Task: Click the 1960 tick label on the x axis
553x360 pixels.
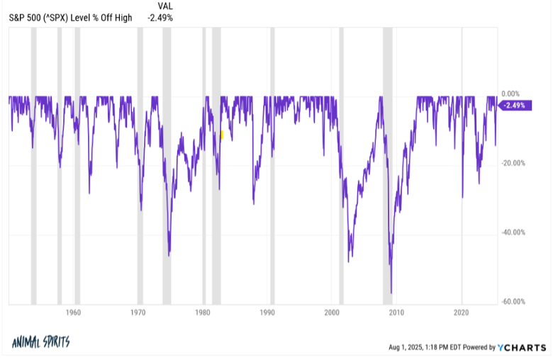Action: [74, 312]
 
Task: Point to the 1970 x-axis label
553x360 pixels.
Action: [138, 312]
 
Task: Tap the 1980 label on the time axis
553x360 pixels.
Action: [203, 312]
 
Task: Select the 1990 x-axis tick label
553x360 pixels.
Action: [267, 312]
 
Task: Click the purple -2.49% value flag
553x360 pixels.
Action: [514, 106]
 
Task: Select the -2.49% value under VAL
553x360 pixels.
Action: [160, 17]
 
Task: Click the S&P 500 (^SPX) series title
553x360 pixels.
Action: [69, 17]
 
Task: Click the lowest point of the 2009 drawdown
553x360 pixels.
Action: [391, 292]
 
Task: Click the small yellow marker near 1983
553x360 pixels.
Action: [222, 134]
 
